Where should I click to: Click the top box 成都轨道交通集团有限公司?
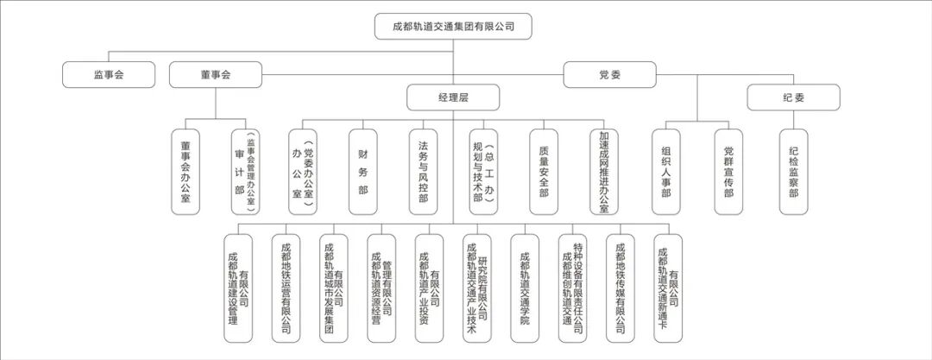453,27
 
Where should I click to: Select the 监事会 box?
109,74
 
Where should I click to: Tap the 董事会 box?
216,74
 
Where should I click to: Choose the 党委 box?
609,74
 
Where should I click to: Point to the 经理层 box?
453,98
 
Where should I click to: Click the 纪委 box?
793,98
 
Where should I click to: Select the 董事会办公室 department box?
186,172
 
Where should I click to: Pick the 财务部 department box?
362,172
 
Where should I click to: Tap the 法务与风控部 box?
423,172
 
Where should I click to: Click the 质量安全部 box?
543,172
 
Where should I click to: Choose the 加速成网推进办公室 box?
604,172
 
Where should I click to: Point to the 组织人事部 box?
665,172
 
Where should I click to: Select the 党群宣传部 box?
728,172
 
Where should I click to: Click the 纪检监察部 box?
793,172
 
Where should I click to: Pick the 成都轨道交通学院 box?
525,288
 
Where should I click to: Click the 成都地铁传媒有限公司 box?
620,288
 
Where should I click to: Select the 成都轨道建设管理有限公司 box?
237,288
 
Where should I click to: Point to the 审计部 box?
245,172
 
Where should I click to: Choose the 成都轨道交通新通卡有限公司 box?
668,288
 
